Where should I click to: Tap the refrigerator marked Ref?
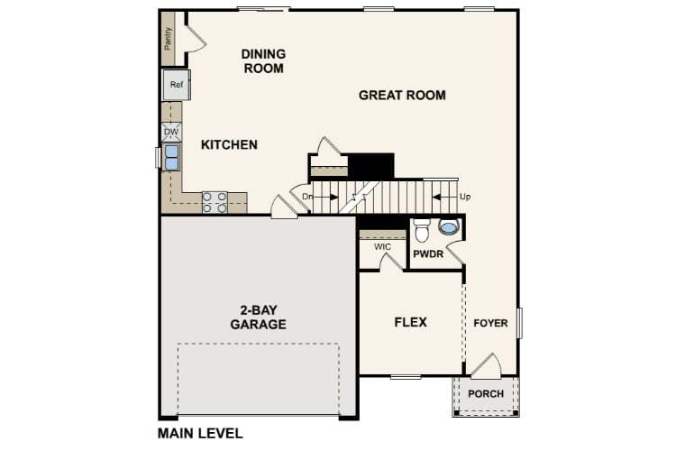point(177,86)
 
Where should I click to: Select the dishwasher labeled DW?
point(171,132)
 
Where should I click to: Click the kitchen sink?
point(171,158)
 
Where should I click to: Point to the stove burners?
point(215,202)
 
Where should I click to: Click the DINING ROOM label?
point(263,61)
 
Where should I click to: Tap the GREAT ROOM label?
point(402,95)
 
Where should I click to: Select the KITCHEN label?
point(229,144)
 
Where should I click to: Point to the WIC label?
point(381,246)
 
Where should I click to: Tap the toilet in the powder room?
point(424,231)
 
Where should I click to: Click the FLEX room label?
point(410,322)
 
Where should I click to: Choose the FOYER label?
point(491,323)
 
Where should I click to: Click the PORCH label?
point(486,393)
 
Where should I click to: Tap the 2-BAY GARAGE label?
point(258,317)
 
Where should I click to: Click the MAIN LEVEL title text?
point(200,433)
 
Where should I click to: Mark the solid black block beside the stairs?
point(371,166)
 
